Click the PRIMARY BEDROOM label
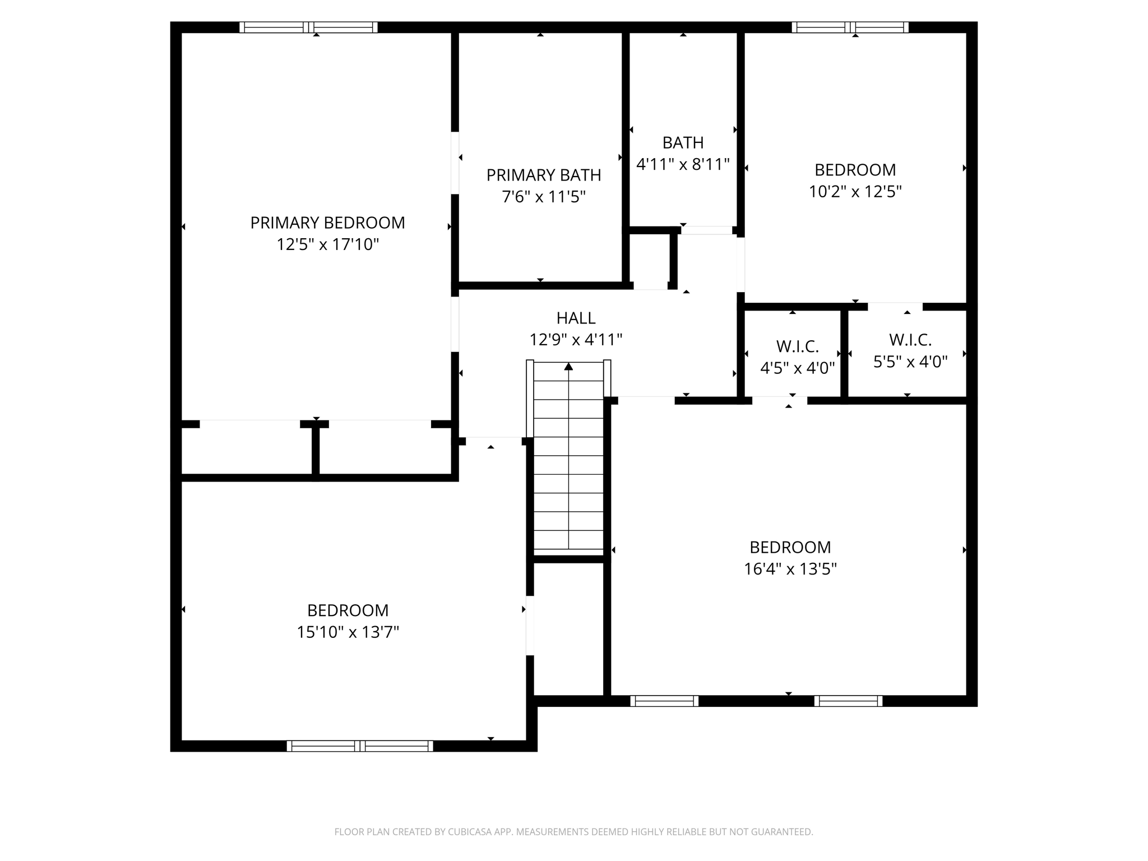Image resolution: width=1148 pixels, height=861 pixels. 327,223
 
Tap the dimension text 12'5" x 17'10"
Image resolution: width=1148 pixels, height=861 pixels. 327,244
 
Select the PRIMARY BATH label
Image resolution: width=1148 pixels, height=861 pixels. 543,175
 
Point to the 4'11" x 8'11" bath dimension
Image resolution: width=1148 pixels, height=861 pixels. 683,164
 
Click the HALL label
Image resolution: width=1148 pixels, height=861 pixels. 576,318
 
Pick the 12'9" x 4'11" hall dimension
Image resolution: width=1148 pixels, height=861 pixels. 576,340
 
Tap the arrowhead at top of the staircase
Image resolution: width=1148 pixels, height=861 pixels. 568,367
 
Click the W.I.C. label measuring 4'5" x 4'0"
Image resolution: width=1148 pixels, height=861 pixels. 797,346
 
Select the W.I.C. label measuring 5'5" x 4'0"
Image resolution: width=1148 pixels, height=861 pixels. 910,340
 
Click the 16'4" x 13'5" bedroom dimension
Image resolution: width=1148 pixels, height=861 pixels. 790,569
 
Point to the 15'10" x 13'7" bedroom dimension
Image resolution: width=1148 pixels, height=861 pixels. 348,632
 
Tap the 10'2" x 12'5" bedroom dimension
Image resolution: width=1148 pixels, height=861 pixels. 855,192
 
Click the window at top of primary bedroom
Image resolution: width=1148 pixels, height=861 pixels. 308,27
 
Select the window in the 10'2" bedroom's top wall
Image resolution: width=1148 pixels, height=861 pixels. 850,27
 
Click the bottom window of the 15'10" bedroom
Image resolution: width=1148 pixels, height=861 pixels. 359,746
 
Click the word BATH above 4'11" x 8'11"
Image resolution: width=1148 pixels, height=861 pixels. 683,142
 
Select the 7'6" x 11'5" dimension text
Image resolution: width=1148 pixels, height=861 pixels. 543,197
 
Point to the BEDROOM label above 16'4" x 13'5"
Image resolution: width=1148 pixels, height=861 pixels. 790,547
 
